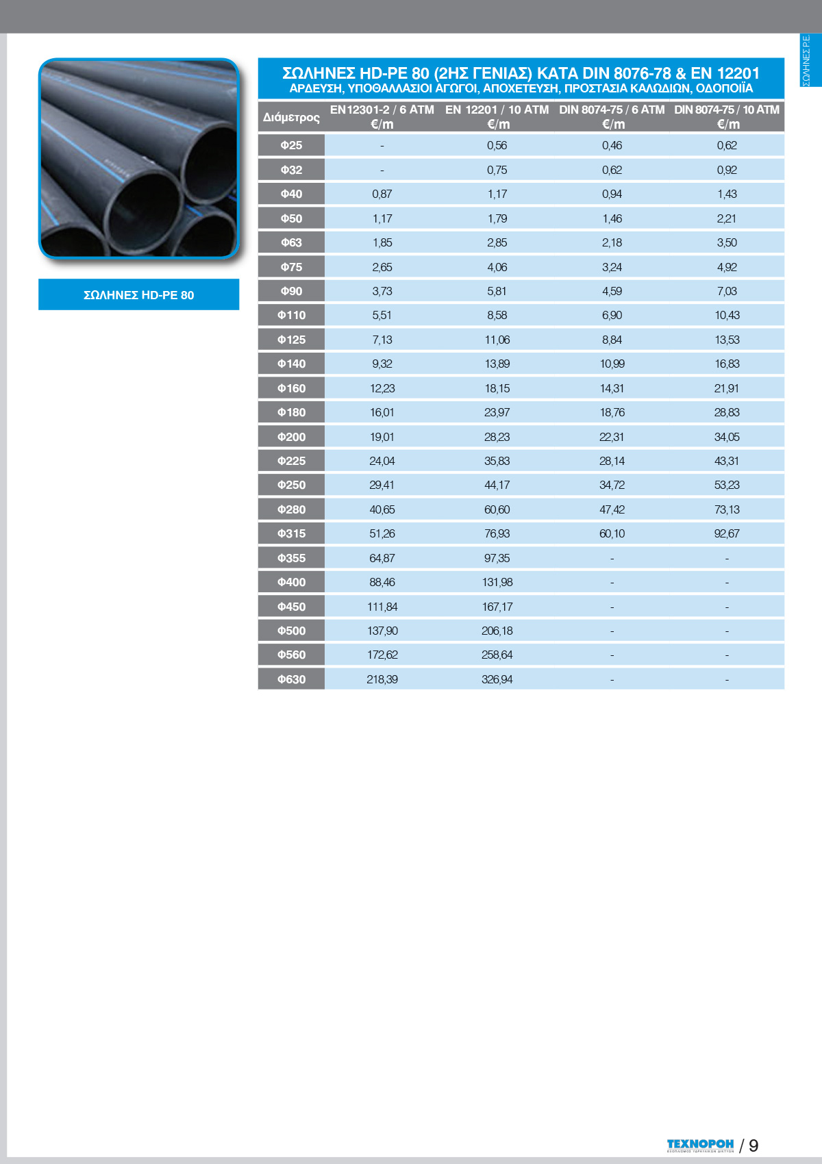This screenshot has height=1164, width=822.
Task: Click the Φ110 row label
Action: (x=291, y=316)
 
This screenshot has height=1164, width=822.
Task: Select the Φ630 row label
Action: (x=291, y=679)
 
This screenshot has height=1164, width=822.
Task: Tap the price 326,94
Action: (x=497, y=679)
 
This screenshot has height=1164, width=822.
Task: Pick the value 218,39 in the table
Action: (x=382, y=679)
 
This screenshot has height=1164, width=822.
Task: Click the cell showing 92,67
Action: (x=727, y=533)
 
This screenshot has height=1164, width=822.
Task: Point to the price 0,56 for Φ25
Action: (x=497, y=145)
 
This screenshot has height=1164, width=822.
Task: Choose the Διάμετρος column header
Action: (x=291, y=117)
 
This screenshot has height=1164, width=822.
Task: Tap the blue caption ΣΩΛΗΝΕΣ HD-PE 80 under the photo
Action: (x=138, y=295)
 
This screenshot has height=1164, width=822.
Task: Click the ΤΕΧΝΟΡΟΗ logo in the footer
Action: (x=700, y=1145)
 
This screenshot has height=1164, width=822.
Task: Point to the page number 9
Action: (x=754, y=1146)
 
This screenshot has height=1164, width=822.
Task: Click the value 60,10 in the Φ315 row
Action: (x=612, y=533)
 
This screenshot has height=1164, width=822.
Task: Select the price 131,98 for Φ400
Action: (x=497, y=582)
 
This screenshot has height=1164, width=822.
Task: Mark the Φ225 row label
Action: (x=291, y=461)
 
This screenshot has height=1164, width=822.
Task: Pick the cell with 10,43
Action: (x=727, y=316)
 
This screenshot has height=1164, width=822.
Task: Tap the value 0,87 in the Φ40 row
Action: (x=382, y=194)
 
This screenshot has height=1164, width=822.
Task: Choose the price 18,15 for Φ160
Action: (x=497, y=388)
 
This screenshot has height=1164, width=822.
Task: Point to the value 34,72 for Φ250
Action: (x=612, y=485)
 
